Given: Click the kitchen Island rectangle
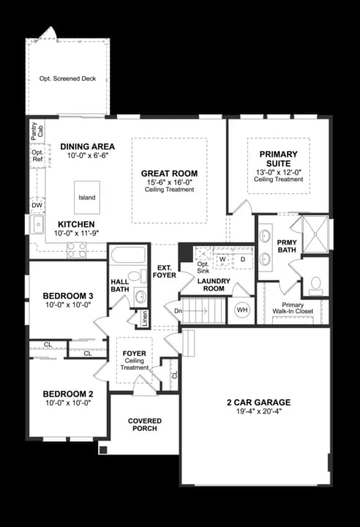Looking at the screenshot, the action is point(87,198).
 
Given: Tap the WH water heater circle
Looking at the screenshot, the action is point(242,310).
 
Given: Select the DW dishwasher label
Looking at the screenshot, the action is point(37,206).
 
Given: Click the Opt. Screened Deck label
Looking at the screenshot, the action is point(67,78).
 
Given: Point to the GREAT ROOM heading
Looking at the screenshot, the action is point(170,173).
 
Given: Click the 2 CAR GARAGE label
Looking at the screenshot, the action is point(258,403).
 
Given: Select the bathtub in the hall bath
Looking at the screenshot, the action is point(128,255).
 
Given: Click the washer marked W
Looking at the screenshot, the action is point(222,259).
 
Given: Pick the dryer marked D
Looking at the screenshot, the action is point(243,259).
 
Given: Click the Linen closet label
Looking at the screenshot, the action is point(145,318).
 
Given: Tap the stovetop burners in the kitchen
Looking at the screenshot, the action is point(77,250).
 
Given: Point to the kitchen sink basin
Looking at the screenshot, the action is point(37,225).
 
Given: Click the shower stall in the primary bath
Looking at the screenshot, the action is point(315,234).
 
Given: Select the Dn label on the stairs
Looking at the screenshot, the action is point(178,311).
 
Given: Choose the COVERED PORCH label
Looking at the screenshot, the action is point(145,425).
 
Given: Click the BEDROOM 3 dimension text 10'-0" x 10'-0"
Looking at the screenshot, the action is point(68,304).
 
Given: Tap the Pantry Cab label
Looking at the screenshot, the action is point(37,131).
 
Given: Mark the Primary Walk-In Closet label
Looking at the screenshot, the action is point(293,308).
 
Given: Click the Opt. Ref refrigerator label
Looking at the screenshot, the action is point(37,156).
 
